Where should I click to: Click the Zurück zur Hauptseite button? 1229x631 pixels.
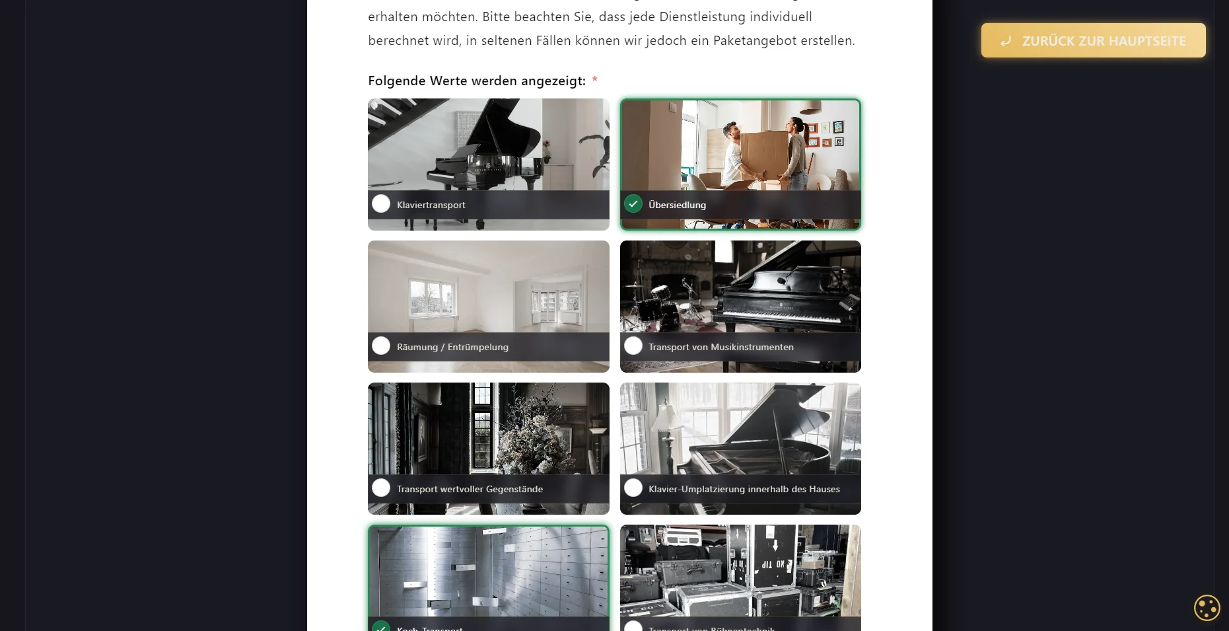pyautogui.click(x=1093, y=40)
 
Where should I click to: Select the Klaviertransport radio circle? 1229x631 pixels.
pyautogui.click(x=381, y=204)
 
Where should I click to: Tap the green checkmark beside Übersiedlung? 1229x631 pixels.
pyautogui.click(x=633, y=204)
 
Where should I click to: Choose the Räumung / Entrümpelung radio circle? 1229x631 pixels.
pyautogui.click(x=381, y=346)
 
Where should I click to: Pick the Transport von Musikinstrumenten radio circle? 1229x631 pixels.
pyautogui.click(x=633, y=346)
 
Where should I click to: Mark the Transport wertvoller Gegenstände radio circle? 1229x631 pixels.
pyautogui.click(x=381, y=488)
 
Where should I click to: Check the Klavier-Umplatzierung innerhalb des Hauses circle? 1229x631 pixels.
pyautogui.click(x=633, y=488)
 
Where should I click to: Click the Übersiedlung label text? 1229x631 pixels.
pyautogui.click(x=677, y=205)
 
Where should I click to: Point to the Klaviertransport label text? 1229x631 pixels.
pyautogui.click(x=431, y=205)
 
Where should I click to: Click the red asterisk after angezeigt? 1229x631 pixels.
pyautogui.click(x=594, y=80)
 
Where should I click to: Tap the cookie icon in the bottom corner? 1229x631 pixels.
pyautogui.click(x=1207, y=608)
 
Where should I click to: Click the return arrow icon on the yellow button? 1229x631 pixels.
pyautogui.click(x=1006, y=41)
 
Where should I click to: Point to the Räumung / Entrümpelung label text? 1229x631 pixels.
pyautogui.click(x=452, y=347)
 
